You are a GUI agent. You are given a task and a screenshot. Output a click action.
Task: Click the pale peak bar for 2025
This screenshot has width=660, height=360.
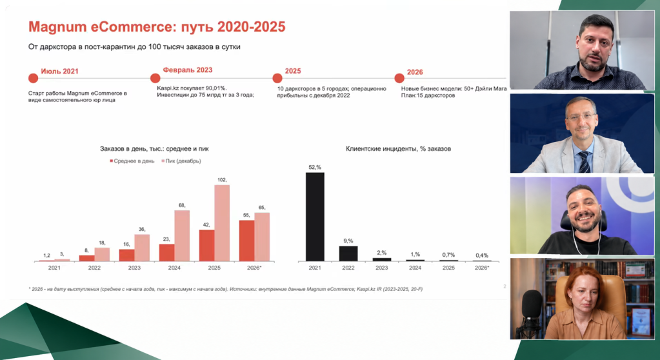[222, 223]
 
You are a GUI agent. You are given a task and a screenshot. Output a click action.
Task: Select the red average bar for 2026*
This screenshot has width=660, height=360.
[246, 241]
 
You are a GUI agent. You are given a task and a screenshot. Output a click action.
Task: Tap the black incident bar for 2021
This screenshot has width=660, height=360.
[315, 217]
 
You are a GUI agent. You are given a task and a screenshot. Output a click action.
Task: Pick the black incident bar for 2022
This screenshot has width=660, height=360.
[348, 254]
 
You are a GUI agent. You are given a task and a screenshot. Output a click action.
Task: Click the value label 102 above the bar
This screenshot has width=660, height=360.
[222, 180]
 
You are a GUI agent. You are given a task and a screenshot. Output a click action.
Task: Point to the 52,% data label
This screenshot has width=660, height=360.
[315, 167]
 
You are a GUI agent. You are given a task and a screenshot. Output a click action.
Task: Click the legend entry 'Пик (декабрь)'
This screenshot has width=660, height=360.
[181, 161]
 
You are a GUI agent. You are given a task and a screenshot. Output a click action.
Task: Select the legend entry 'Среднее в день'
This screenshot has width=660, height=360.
[132, 161]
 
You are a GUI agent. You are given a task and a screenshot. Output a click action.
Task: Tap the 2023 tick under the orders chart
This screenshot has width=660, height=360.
[134, 268]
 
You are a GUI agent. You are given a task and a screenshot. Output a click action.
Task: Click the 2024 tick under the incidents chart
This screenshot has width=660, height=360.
[415, 268]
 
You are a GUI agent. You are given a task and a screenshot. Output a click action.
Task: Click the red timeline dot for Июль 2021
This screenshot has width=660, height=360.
[34, 78]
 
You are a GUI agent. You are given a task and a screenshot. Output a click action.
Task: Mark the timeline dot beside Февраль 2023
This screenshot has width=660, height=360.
[155, 78]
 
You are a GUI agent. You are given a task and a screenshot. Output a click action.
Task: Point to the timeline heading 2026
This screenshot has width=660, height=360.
[415, 72]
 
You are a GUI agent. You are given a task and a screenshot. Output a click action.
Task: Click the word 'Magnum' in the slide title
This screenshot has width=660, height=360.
[57, 27]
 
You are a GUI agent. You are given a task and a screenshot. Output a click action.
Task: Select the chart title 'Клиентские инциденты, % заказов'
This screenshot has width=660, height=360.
[398, 148]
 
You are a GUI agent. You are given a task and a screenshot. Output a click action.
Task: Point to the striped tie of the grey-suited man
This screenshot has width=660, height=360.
[584, 162]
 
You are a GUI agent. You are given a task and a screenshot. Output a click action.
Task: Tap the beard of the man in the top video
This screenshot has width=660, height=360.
[594, 63]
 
